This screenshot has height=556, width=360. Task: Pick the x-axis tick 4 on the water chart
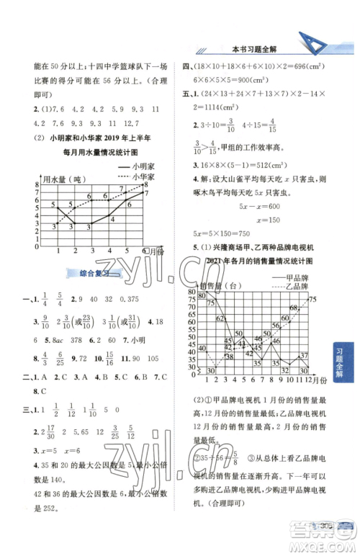tap(108, 250)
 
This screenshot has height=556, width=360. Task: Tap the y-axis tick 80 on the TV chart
tap(192, 292)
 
